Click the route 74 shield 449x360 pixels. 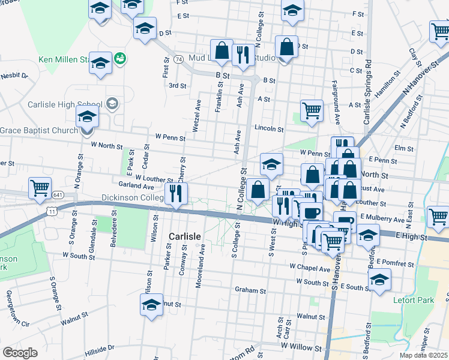pos(178,59)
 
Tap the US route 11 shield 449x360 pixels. pos(53,211)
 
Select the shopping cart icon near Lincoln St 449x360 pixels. pos(312,111)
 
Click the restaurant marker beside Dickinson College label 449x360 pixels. pos(176,194)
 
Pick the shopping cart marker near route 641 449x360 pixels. pos(40,187)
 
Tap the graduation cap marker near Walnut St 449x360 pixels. pos(152,305)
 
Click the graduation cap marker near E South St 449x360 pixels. pos(379,280)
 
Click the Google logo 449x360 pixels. pos(20,353)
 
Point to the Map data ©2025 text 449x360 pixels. pos(423,355)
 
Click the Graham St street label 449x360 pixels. pos(250,290)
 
